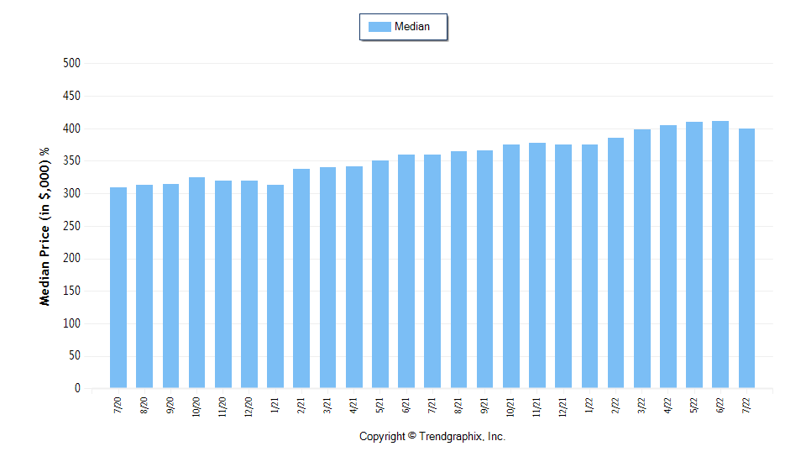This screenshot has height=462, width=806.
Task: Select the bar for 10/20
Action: [x=196, y=282]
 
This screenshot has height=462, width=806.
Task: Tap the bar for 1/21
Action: [x=275, y=286]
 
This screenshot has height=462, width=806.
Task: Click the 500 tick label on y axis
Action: [x=71, y=63]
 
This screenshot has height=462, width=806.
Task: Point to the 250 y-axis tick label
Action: [x=71, y=226]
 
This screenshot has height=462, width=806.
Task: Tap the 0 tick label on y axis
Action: [x=76, y=389]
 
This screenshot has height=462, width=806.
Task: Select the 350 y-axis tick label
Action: [x=71, y=161]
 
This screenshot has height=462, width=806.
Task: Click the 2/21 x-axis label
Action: [x=301, y=406]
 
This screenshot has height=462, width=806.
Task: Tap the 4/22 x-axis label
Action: [x=668, y=406]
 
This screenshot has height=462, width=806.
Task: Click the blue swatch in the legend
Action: [x=379, y=27]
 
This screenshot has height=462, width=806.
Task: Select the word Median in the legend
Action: [x=412, y=27]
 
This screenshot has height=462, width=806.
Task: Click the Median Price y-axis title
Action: [x=45, y=227]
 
